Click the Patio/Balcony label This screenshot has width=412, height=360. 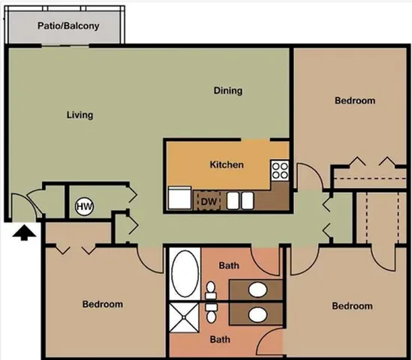pyautogui.click(x=68, y=26)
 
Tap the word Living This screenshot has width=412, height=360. pyautogui.click(x=80, y=115)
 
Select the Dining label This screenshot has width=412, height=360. pyautogui.click(x=228, y=91)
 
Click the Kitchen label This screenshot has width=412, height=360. pyautogui.click(x=227, y=165)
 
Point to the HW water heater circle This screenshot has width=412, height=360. pyautogui.click(x=84, y=206)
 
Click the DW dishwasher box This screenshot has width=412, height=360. pyautogui.click(x=207, y=200)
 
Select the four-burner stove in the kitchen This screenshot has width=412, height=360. pyautogui.click(x=280, y=170)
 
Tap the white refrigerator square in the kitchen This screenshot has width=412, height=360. pyautogui.click(x=179, y=198)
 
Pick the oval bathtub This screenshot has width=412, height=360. pyautogui.click(x=185, y=273)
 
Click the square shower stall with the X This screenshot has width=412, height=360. pyautogui.click(x=184, y=317)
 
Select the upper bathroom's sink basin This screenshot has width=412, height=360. pyautogui.click(x=257, y=289)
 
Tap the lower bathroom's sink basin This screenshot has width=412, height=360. pyautogui.click(x=257, y=315)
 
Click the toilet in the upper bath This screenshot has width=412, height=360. pyautogui.click(x=210, y=290)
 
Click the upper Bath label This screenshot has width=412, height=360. pyautogui.click(x=229, y=265)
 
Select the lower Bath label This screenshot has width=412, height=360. pyautogui.click(x=220, y=339)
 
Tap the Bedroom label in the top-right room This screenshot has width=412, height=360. pyautogui.click(x=355, y=100)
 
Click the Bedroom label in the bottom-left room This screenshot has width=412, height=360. pyautogui.click(x=103, y=304)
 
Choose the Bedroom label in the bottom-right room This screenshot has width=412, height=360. pyautogui.click(x=353, y=306)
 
